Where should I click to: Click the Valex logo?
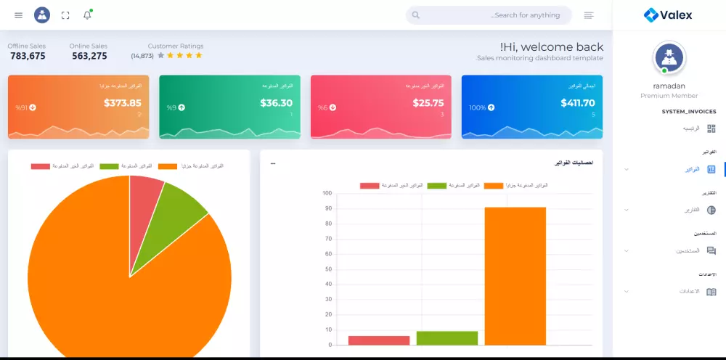point(668,15)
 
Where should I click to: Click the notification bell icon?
point(87,15)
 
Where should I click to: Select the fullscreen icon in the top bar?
point(65,15)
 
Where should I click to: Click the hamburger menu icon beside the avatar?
point(18,15)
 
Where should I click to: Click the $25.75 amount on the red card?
point(428,103)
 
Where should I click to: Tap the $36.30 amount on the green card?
point(276,103)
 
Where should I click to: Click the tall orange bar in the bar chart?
point(515,276)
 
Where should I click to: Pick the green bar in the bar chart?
point(447,338)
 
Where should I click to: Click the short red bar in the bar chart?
point(379,340)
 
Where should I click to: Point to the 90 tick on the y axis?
point(328,208)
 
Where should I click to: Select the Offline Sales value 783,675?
point(28,56)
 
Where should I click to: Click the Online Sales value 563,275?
point(89,56)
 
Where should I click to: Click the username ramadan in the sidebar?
point(669,86)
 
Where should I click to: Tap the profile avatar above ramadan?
point(669,57)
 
